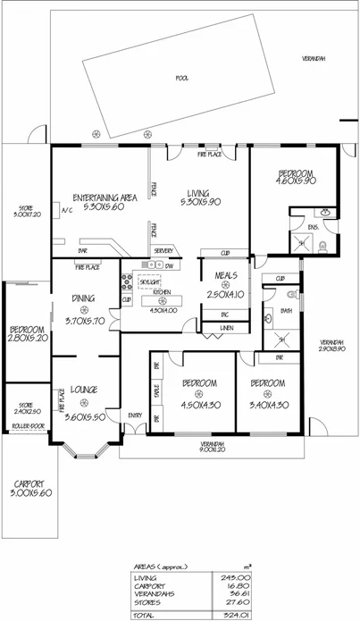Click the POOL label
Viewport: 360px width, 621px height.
click(183, 78)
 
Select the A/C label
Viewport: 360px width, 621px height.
click(66, 211)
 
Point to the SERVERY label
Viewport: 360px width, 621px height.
click(163, 251)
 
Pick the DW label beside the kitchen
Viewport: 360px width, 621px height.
click(169, 266)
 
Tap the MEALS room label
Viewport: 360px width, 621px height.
click(218, 275)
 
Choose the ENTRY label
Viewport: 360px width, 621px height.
click(136, 415)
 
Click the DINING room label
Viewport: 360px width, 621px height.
click(87, 299)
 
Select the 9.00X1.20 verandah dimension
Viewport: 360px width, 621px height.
click(212, 450)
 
